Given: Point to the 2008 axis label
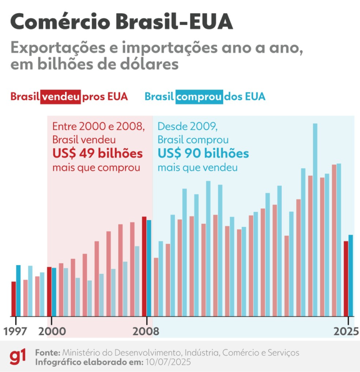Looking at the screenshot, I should (146, 331).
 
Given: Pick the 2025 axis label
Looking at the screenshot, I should (346, 331).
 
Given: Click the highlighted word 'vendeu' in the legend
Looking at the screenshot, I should (61, 97).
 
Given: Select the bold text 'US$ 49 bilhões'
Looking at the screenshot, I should (97, 153).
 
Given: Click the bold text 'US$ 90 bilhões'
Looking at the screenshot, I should (203, 153).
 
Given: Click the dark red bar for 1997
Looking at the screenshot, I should (14, 299).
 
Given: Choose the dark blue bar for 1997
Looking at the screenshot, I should (19, 290).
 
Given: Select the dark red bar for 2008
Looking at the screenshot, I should (144, 266).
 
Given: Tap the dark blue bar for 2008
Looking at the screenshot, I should (149, 268).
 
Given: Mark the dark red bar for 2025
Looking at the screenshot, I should (346, 279).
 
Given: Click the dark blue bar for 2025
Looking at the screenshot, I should (351, 275).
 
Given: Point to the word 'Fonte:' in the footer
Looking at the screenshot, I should (47, 352).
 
